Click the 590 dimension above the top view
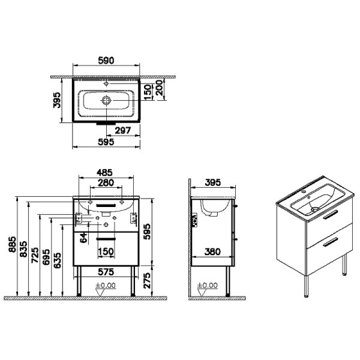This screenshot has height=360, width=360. click(106, 61)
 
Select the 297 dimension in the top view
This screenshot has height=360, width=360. click(123, 131)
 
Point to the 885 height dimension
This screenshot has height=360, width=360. click(13, 244)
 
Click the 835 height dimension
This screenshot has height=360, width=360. click(23, 249)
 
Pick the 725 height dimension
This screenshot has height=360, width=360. click(35, 255)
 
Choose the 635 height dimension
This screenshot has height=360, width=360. click(58, 260)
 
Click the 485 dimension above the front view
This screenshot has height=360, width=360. click(104, 173)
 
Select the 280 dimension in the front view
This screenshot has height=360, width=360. click(106, 183)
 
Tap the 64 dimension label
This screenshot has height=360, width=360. click(84, 238)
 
